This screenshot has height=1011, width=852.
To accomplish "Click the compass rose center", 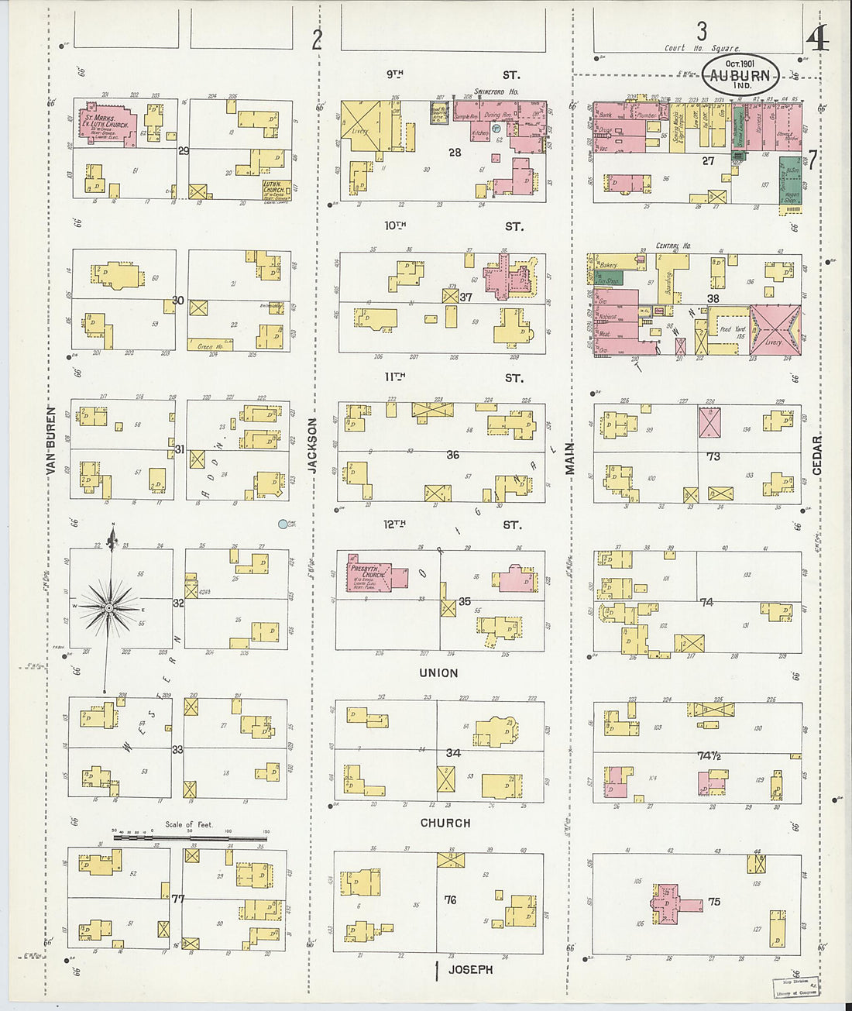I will point(109,608).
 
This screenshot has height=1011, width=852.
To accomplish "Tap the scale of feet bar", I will point(190,837).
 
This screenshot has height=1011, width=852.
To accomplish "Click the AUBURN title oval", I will point(740,76).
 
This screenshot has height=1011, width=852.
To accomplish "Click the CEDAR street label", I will point(817,455).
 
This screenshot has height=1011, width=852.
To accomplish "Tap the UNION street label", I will point(438,673).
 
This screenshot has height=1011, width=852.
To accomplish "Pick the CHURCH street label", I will point(445,823).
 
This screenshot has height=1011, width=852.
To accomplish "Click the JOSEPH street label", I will point(470,969).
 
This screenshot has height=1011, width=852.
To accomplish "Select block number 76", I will point(450,900).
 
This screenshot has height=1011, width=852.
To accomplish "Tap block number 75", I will point(713,901).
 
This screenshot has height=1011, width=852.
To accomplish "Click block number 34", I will point(453,752).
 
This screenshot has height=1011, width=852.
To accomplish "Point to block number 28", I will point(455,153).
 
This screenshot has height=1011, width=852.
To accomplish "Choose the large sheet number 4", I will point(817,37).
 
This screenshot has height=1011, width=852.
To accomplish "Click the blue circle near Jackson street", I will point(283,524).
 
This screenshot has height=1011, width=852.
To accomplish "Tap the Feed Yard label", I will point(732,330).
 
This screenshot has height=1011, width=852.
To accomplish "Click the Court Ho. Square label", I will point(702,48).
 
